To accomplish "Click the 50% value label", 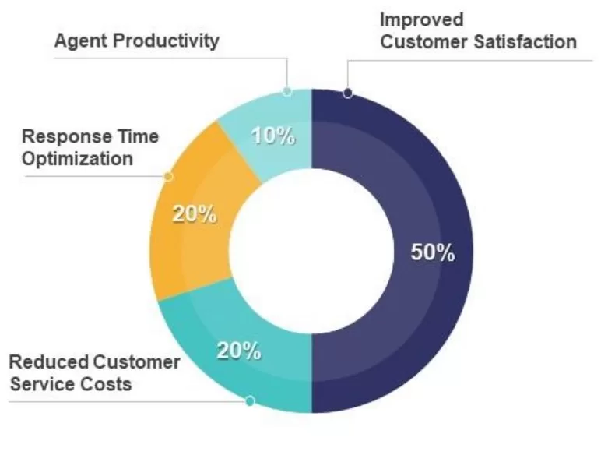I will [432, 252].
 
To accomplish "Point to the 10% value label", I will [272, 136].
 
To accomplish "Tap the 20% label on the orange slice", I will [195, 214].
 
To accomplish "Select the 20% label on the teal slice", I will [239, 351].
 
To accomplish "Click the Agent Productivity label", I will [136, 41].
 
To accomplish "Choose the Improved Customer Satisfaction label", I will [478, 30].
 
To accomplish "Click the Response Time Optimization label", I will [90, 147].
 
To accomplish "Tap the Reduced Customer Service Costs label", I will [93, 372].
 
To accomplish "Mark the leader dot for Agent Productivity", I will [287, 91].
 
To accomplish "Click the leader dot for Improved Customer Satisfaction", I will [347, 93].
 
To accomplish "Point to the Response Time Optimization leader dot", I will [167, 176].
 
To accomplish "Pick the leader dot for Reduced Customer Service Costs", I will [250, 401].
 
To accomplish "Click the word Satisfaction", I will [525, 41].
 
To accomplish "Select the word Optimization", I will [77, 158].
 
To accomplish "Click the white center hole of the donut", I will [311, 249].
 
